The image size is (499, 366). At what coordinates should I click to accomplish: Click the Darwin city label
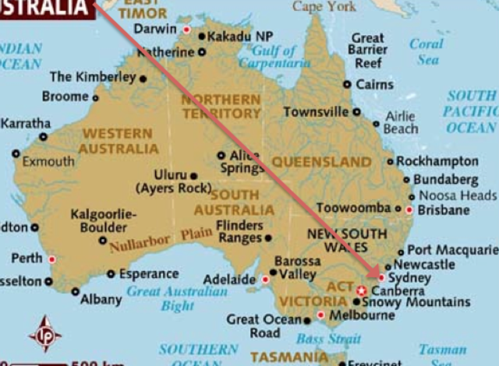coord(155,29)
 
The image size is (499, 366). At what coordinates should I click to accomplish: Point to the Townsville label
coord(316,112)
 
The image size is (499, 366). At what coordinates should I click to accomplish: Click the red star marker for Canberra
coord(360,290)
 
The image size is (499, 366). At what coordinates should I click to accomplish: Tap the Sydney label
coord(409,278)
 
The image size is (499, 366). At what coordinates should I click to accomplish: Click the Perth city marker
coord(52,259)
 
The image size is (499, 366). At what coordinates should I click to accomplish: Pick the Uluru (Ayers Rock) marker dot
coord(194,175)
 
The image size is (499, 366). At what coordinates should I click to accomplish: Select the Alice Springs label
coord(241,161)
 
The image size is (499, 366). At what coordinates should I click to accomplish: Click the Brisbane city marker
coord(409,209)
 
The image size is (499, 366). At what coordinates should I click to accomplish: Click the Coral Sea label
coord(426,51)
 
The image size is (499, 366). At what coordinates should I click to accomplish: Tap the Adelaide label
coord(229,280)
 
